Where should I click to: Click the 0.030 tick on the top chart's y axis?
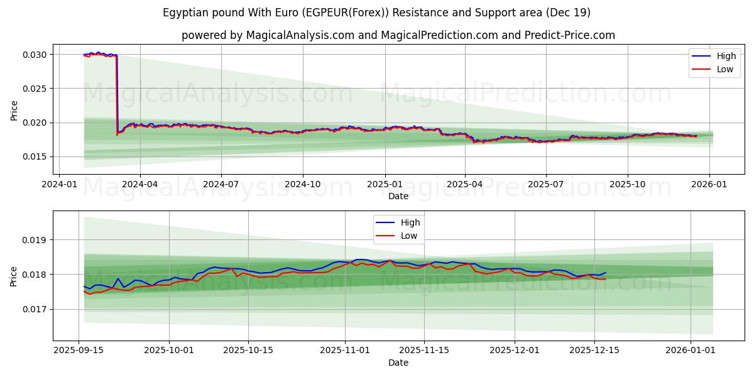point(35,55)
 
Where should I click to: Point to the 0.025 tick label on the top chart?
point(35,89)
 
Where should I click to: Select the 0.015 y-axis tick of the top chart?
point(35,156)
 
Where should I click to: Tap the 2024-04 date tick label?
point(139,184)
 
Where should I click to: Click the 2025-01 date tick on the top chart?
point(385,184)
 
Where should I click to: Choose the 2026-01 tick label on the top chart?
point(709,184)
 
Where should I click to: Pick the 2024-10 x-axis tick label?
point(303,184)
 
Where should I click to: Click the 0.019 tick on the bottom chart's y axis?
point(35,240)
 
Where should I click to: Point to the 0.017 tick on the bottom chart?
point(35,309)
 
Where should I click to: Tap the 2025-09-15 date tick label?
point(79,351)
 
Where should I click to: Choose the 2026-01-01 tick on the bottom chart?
point(691,351)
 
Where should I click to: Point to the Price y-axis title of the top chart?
point(14,109)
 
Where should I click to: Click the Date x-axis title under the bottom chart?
point(398,363)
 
